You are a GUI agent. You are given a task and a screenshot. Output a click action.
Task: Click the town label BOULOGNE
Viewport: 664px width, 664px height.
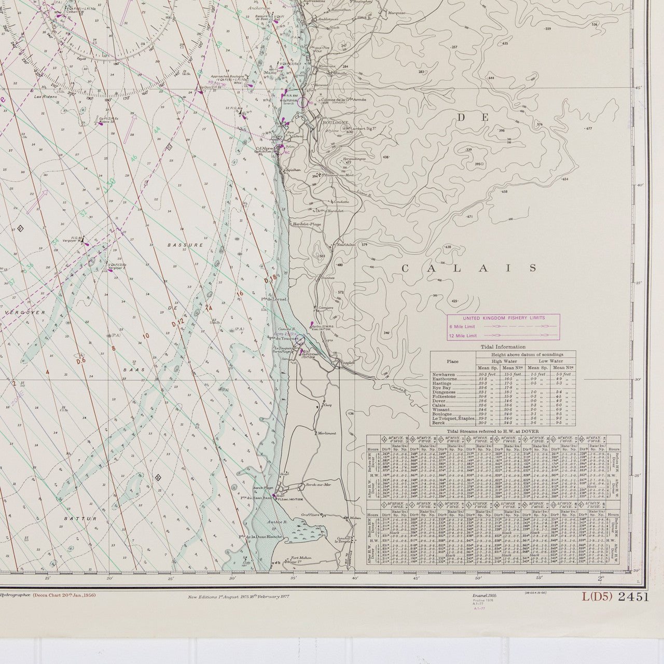pyautogui.click(x=322, y=122)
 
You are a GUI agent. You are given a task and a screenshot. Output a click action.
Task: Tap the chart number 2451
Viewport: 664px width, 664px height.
pyautogui.click(x=634, y=597)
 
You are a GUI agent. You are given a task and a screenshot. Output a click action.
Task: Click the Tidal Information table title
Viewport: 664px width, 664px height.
pyautogui.click(x=503, y=347)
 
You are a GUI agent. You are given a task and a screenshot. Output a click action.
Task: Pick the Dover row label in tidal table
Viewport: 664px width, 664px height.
pyautogui.click(x=438, y=401)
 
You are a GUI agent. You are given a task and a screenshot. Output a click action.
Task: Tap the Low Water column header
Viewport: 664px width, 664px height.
pyautogui.click(x=550, y=361)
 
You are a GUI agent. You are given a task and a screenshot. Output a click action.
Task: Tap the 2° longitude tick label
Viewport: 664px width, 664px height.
pyautogui.click(x=602, y=578)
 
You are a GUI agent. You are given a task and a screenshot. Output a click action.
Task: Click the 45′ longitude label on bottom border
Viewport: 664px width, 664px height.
pyautogui.click(x=416, y=578)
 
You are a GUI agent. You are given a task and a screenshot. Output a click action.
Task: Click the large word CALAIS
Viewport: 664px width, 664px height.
pyautogui.click(x=469, y=268)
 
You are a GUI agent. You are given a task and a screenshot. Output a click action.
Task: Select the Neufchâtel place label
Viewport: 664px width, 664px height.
pyautogui.click(x=345, y=244)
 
